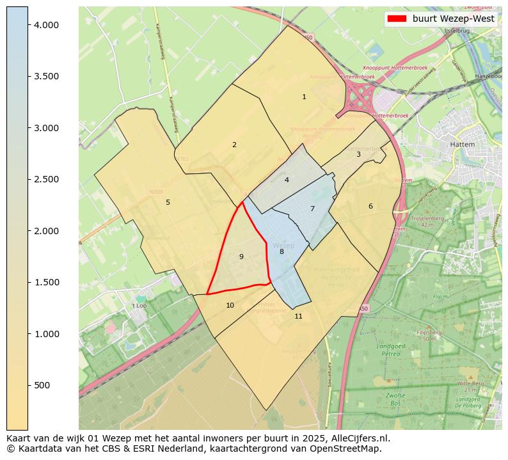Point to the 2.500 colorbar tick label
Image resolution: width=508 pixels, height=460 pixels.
(45, 179)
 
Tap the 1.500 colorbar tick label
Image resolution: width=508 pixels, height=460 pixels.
(45, 282)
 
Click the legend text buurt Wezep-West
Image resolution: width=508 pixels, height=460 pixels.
(453, 19)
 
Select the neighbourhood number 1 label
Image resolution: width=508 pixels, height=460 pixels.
(304, 97)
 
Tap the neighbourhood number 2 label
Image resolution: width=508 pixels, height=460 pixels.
(234, 145)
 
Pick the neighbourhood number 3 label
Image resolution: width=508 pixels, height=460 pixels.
(358, 154)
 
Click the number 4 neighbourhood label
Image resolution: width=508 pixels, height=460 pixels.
(287, 180)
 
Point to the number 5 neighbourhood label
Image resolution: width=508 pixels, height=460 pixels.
(168, 202)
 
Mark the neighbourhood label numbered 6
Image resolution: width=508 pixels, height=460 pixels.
(370, 206)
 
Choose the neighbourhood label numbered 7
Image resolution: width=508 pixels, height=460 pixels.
(312, 209)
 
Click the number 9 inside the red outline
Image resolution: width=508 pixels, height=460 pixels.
(241, 257)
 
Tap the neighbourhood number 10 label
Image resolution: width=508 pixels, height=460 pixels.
(230, 305)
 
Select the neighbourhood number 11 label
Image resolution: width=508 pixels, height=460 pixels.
(298, 316)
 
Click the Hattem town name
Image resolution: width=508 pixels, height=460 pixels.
(462, 145)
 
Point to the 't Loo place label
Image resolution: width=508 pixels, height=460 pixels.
(139, 306)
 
